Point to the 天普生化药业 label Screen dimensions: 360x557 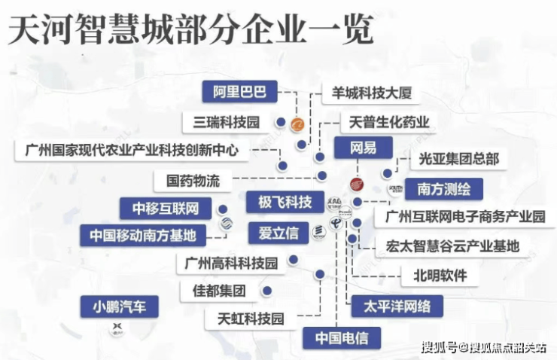pyautogui.click(x=389, y=121)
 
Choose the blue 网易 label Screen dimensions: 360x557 pyautogui.click(x=363, y=147)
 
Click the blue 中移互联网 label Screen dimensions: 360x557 pyautogui.click(x=165, y=207)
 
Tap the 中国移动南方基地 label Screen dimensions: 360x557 pyautogui.click(x=142, y=235)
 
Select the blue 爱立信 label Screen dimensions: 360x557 pyautogui.click(x=278, y=232)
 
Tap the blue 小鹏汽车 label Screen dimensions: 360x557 pyautogui.click(x=120, y=306)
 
